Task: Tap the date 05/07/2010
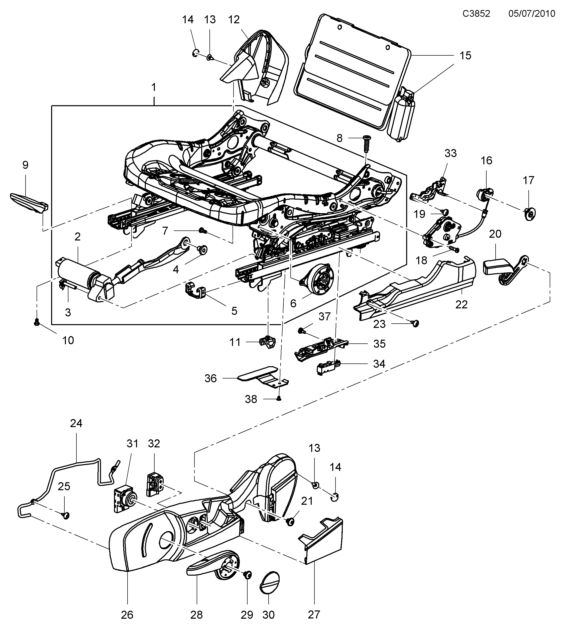(x=531, y=14)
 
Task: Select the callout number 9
(x=25, y=165)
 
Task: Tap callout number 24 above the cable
(x=76, y=423)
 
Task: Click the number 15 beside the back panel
(x=465, y=56)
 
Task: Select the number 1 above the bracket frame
(x=154, y=87)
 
